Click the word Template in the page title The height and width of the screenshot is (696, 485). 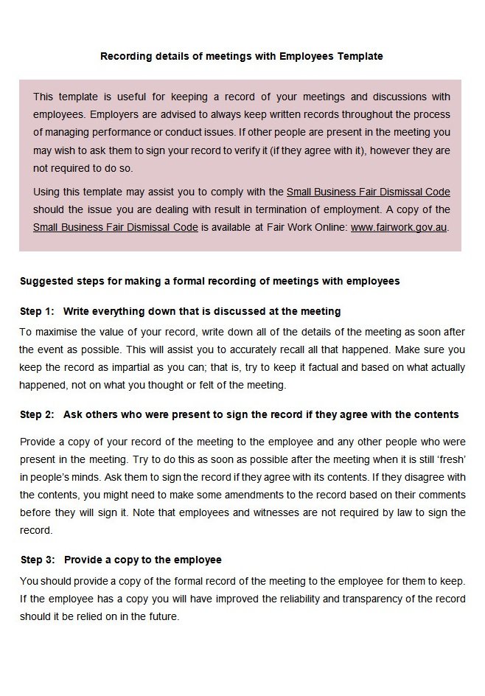[360, 56]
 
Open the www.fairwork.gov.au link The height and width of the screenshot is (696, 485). [399, 227]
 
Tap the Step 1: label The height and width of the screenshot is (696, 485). [37, 311]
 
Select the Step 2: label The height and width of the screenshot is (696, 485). [37, 414]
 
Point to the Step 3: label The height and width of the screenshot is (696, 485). [37, 560]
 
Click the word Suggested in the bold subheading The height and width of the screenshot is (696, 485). [45, 281]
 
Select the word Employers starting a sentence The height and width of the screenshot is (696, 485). [115, 115]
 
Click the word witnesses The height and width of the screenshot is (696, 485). [285, 512]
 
